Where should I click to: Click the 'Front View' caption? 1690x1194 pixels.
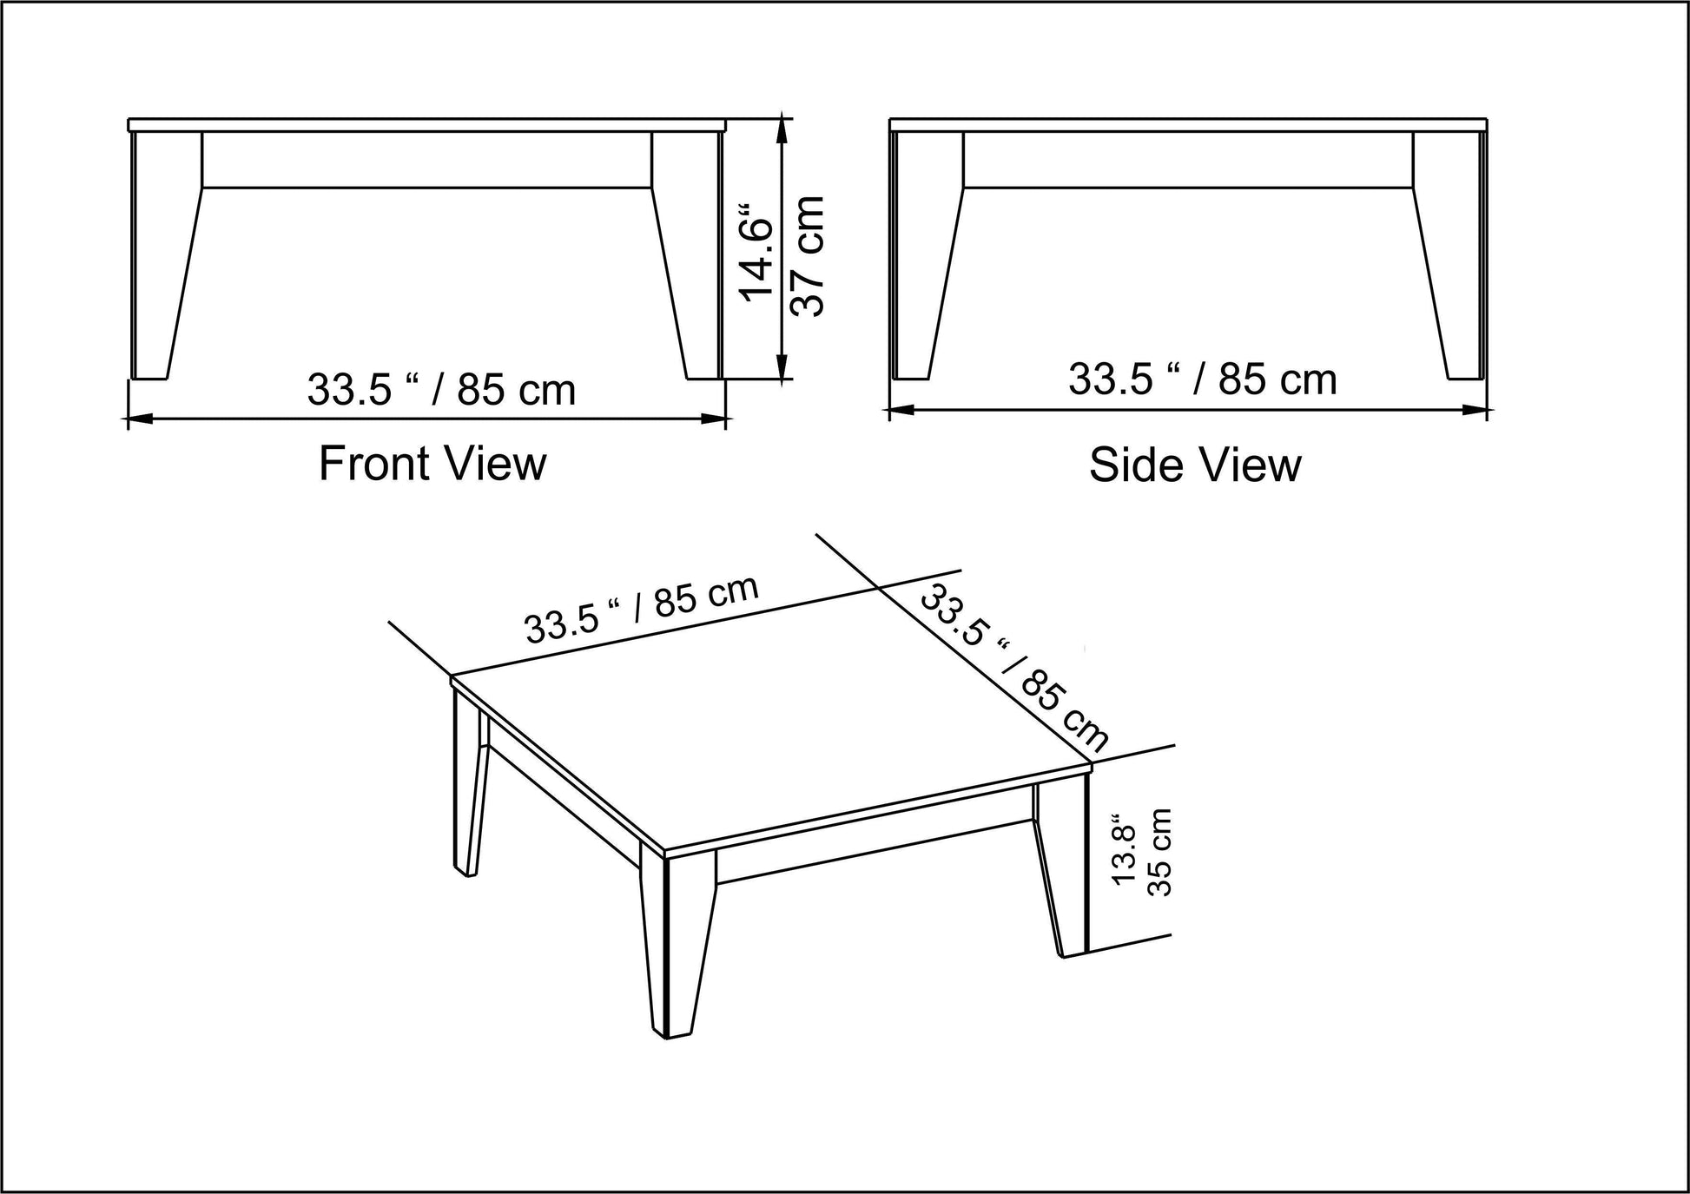click(432, 464)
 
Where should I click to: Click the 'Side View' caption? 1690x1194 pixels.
click(1195, 465)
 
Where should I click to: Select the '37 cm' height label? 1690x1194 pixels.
click(806, 256)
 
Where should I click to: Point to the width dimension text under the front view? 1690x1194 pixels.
click(441, 391)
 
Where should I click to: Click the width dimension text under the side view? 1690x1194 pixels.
click(1203, 380)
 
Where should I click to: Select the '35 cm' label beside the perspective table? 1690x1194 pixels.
click(1160, 853)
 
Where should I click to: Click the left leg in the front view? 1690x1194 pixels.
click(165, 256)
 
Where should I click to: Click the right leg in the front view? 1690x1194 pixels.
click(688, 256)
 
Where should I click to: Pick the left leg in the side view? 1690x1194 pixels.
click(928, 256)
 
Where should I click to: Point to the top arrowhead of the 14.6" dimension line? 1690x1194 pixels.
click(784, 130)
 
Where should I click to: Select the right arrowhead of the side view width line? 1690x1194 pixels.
click(1476, 410)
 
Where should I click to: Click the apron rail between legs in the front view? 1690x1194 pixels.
click(426, 160)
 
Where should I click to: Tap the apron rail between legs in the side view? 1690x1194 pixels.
click(1188, 160)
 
